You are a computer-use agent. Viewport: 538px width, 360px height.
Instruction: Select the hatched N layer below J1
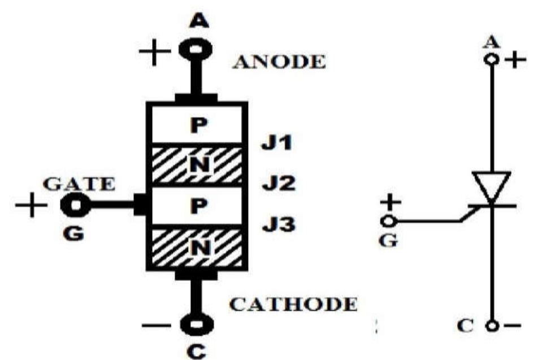197,165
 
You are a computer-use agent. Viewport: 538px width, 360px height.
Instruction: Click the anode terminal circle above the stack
196,49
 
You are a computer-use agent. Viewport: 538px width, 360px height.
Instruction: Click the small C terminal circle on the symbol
493,327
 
